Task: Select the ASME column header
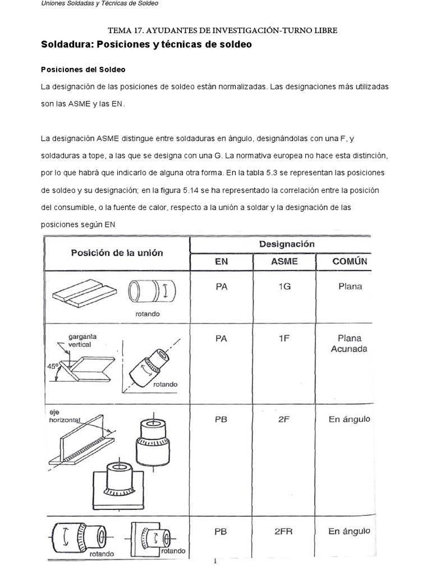(284, 261)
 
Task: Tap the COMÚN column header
(350, 261)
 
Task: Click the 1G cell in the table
(284, 286)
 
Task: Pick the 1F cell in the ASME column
(284, 339)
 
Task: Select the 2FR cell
(284, 531)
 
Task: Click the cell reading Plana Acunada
(350, 344)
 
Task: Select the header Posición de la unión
(117, 253)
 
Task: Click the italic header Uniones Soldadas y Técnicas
(100, 4)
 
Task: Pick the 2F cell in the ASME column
(284, 419)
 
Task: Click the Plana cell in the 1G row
(350, 286)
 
